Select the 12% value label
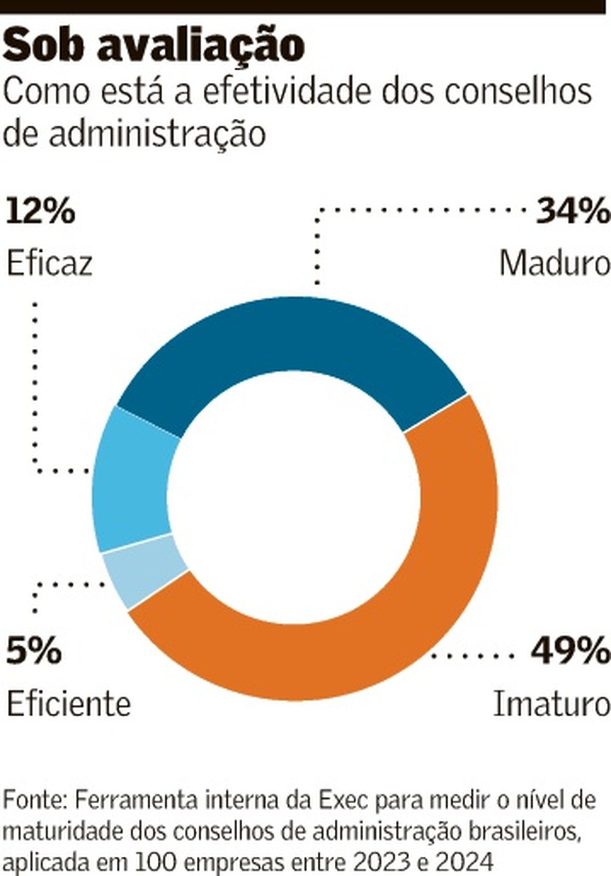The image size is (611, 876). pyautogui.click(x=41, y=211)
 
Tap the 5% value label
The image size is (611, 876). pyautogui.click(x=34, y=652)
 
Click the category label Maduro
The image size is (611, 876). pyautogui.click(x=554, y=264)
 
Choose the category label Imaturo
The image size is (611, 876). pyautogui.click(x=551, y=704)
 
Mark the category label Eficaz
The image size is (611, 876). pyautogui.click(x=50, y=264)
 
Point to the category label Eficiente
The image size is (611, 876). pyautogui.click(x=69, y=704)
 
